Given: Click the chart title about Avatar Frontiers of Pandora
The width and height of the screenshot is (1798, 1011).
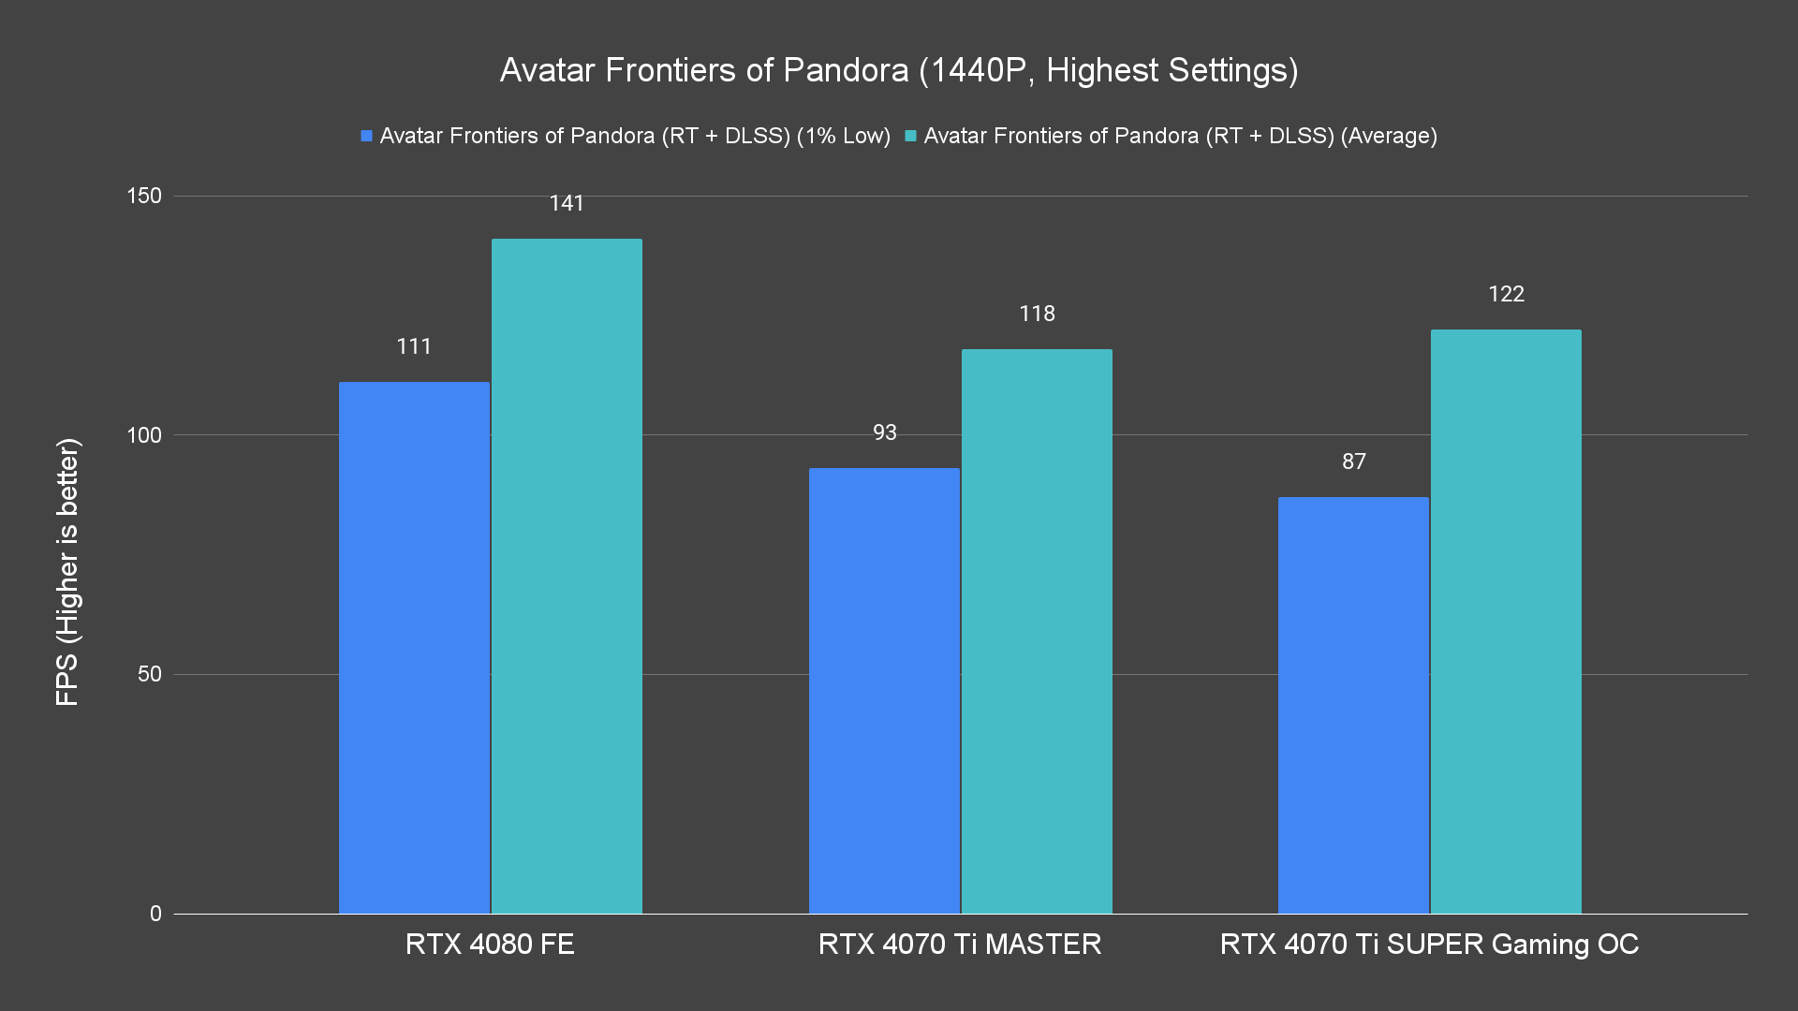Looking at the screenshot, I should pos(898,70).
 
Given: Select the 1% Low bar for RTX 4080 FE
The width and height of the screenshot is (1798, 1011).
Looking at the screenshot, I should pos(414,648).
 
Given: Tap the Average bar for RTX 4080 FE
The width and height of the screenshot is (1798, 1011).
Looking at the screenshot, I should pos(567,576).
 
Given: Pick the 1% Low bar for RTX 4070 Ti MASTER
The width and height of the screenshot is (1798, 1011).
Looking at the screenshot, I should pos(884,691).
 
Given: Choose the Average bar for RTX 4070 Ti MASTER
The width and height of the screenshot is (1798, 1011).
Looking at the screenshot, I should pos(1037,631).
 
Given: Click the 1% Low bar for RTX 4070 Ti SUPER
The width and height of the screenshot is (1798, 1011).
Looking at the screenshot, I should pos(1353,705).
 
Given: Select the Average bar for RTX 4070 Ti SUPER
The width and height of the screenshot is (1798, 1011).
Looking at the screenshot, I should pos(1506,622).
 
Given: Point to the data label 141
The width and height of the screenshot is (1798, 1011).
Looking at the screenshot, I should pos(567,203).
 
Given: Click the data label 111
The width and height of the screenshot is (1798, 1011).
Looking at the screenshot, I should pos(414,346).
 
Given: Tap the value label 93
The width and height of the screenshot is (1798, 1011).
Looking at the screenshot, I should pos(884,432).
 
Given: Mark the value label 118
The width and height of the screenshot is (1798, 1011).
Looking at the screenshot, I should pos(1037,314).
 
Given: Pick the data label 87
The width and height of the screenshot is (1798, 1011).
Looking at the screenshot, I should pos(1353,462).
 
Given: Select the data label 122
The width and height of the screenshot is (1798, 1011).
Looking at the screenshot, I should pos(1506,294).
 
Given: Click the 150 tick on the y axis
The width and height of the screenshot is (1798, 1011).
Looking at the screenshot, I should pos(144,196).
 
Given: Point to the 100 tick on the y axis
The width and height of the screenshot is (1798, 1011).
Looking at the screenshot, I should pos(144,435).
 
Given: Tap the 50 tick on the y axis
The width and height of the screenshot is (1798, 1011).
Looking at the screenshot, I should pos(150,674).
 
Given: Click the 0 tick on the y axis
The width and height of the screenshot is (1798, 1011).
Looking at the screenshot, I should pos(155,914).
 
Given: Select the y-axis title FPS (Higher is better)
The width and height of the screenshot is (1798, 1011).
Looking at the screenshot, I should pos(67,571).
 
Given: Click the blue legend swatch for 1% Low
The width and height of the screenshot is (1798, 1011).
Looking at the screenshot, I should pos(367,137).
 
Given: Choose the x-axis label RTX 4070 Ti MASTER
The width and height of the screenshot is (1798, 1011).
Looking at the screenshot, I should pos(959,944).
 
